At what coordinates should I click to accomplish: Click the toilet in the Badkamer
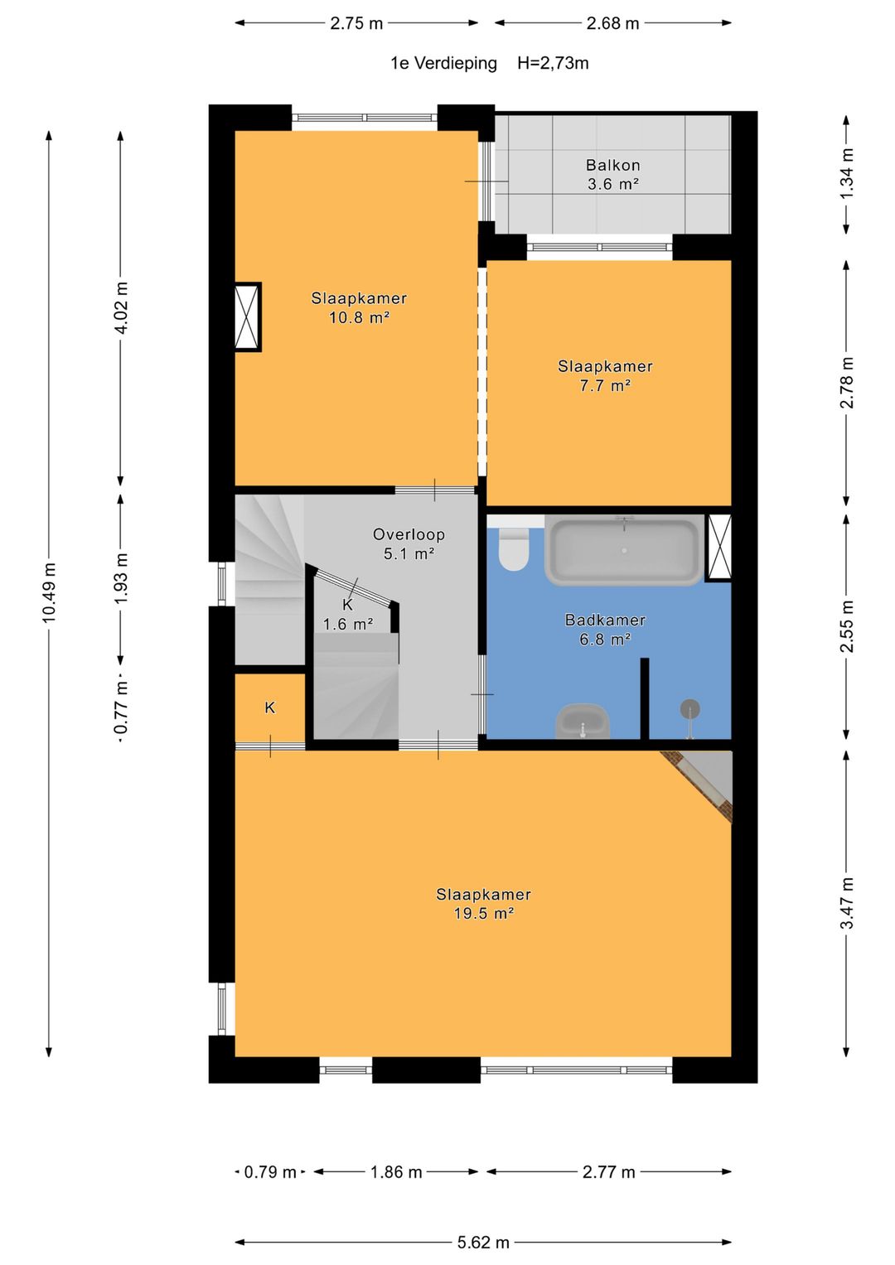click(513, 548)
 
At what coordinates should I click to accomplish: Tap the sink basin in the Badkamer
click(582, 722)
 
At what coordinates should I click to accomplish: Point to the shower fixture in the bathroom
click(689, 717)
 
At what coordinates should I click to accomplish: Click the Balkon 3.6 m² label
click(612, 175)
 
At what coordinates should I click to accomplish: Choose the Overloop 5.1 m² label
click(409, 543)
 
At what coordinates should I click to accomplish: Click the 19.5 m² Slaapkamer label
click(483, 904)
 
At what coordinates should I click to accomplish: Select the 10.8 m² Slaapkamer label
click(359, 308)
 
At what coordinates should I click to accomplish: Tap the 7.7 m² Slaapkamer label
click(605, 375)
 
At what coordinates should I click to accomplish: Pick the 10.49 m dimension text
click(49, 592)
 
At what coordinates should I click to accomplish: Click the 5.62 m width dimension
click(483, 1242)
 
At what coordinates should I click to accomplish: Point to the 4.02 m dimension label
click(121, 307)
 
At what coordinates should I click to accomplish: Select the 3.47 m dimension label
click(846, 903)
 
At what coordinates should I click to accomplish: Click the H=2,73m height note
click(553, 63)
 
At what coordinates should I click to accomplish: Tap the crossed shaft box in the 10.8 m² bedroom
click(248, 316)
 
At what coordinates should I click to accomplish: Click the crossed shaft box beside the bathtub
click(719, 548)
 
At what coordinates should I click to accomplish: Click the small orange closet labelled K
click(270, 707)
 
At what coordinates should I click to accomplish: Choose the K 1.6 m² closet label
click(347, 614)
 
